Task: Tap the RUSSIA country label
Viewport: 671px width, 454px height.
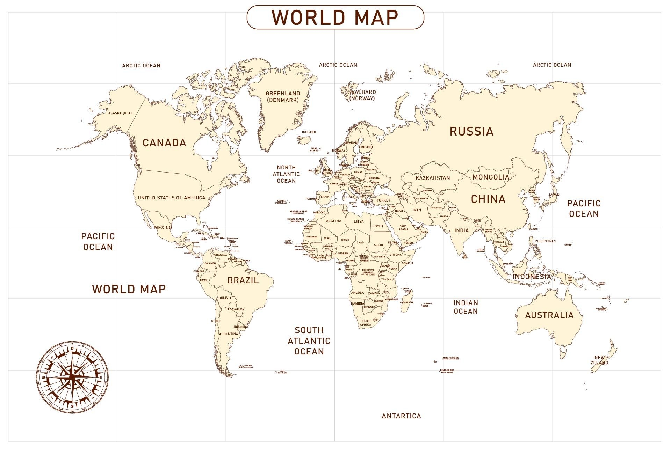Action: (x=471, y=131)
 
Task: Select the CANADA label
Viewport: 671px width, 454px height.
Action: (x=164, y=142)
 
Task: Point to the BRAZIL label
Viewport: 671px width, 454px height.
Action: (x=243, y=280)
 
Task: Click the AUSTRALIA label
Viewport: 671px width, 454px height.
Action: (x=549, y=315)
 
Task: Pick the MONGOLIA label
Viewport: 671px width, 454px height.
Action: (x=491, y=177)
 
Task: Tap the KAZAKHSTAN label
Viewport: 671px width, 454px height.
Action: (x=433, y=178)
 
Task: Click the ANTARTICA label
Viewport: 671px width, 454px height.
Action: (x=401, y=416)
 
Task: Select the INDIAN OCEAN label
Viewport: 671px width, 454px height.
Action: (x=466, y=307)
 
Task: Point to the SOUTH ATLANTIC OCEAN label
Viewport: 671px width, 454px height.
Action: (x=309, y=341)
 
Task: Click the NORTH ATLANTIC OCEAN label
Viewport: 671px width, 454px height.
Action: (x=286, y=174)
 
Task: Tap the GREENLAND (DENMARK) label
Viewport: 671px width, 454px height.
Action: (x=283, y=97)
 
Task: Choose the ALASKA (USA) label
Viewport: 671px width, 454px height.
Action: (x=120, y=113)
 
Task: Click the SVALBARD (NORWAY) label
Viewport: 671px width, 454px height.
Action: (x=362, y=95)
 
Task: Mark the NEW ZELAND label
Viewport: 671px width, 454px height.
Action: (x=599, y=360)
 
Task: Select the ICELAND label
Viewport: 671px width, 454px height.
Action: (x=309, y=132)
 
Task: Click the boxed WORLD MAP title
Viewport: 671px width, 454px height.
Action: (x=335, y=17)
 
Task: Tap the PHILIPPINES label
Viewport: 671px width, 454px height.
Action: (x=545, y=241)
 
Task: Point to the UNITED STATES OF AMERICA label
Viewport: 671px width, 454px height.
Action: (x=172, y=198)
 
